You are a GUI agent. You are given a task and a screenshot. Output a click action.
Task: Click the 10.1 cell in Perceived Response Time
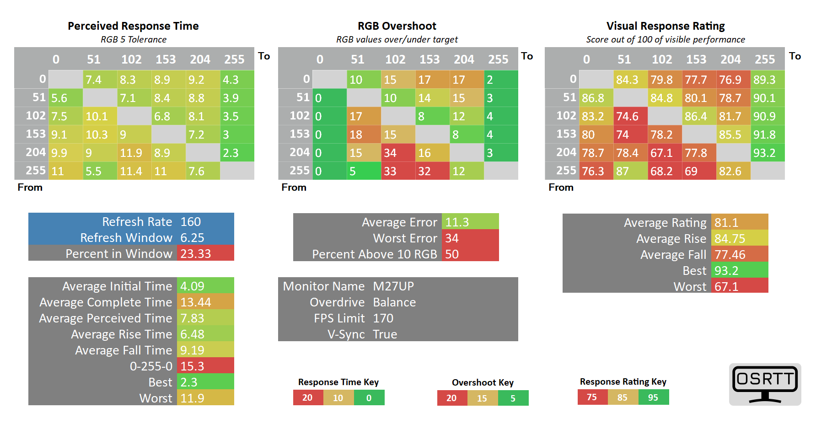[x=100, y=116]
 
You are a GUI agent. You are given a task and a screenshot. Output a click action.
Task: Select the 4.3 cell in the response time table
[x=237, y=80]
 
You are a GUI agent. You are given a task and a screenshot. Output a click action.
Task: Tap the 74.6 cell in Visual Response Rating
[x=630, y=116]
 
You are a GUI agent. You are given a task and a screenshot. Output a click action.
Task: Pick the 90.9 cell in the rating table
[x=768, y=116]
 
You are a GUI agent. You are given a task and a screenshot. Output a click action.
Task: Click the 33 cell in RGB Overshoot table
[x=398, y=171]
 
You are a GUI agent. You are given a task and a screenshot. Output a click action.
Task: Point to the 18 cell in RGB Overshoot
[x=364, y=134]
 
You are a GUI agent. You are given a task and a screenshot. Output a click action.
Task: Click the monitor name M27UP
[x=393, y=286]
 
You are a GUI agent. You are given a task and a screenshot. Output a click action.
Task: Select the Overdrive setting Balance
[x=394, y=302]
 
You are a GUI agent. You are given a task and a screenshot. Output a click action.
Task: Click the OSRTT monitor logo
[x=765, y=384]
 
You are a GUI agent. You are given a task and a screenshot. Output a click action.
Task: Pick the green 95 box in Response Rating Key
[x=653, y=397]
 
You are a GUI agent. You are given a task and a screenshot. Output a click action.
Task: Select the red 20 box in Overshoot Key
[x=451, y=398]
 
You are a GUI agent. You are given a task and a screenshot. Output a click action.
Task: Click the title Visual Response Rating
[x=666, y=26]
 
